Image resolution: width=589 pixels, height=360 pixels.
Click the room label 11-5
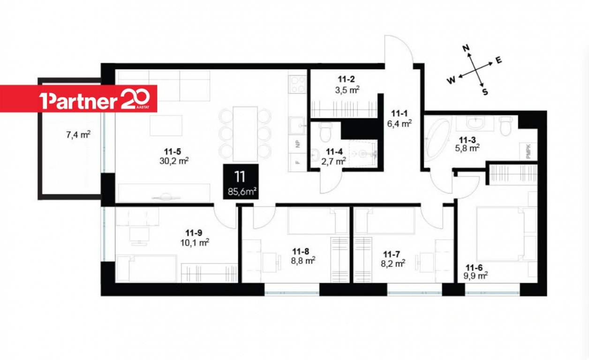173,151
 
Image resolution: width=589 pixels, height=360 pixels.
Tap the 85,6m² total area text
242,192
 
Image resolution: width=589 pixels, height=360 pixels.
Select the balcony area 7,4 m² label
78,135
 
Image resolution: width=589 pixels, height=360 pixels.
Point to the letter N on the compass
466,48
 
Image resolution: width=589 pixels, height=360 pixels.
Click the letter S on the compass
485,92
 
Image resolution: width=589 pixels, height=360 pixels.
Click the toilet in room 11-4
326,133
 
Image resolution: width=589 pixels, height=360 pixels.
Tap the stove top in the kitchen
297,84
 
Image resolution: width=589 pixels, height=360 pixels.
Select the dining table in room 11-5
245,134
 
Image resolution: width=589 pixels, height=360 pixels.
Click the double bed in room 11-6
506,234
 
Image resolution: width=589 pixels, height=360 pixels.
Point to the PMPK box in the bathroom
529,151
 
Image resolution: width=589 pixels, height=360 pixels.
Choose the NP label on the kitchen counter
298,144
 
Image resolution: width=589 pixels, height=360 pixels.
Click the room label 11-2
346,79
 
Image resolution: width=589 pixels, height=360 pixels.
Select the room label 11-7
392,254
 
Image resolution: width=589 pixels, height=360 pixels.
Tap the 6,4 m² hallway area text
400,123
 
